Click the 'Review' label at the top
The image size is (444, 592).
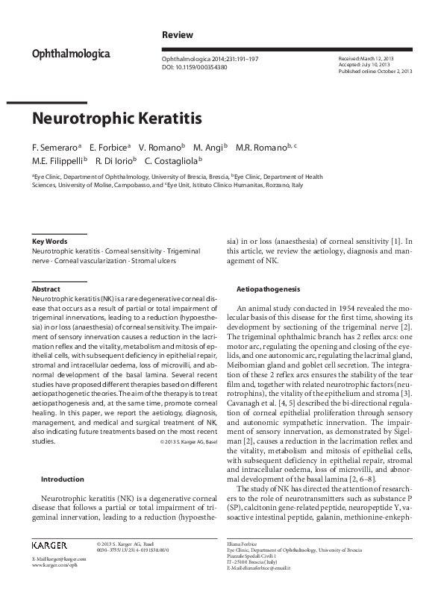pos(178,35)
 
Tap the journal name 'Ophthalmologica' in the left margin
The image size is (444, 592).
pos(71,54)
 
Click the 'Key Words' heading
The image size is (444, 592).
pos(50,242)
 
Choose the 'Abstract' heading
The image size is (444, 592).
pos(46,289)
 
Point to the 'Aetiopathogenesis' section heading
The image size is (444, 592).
pos(268,288)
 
